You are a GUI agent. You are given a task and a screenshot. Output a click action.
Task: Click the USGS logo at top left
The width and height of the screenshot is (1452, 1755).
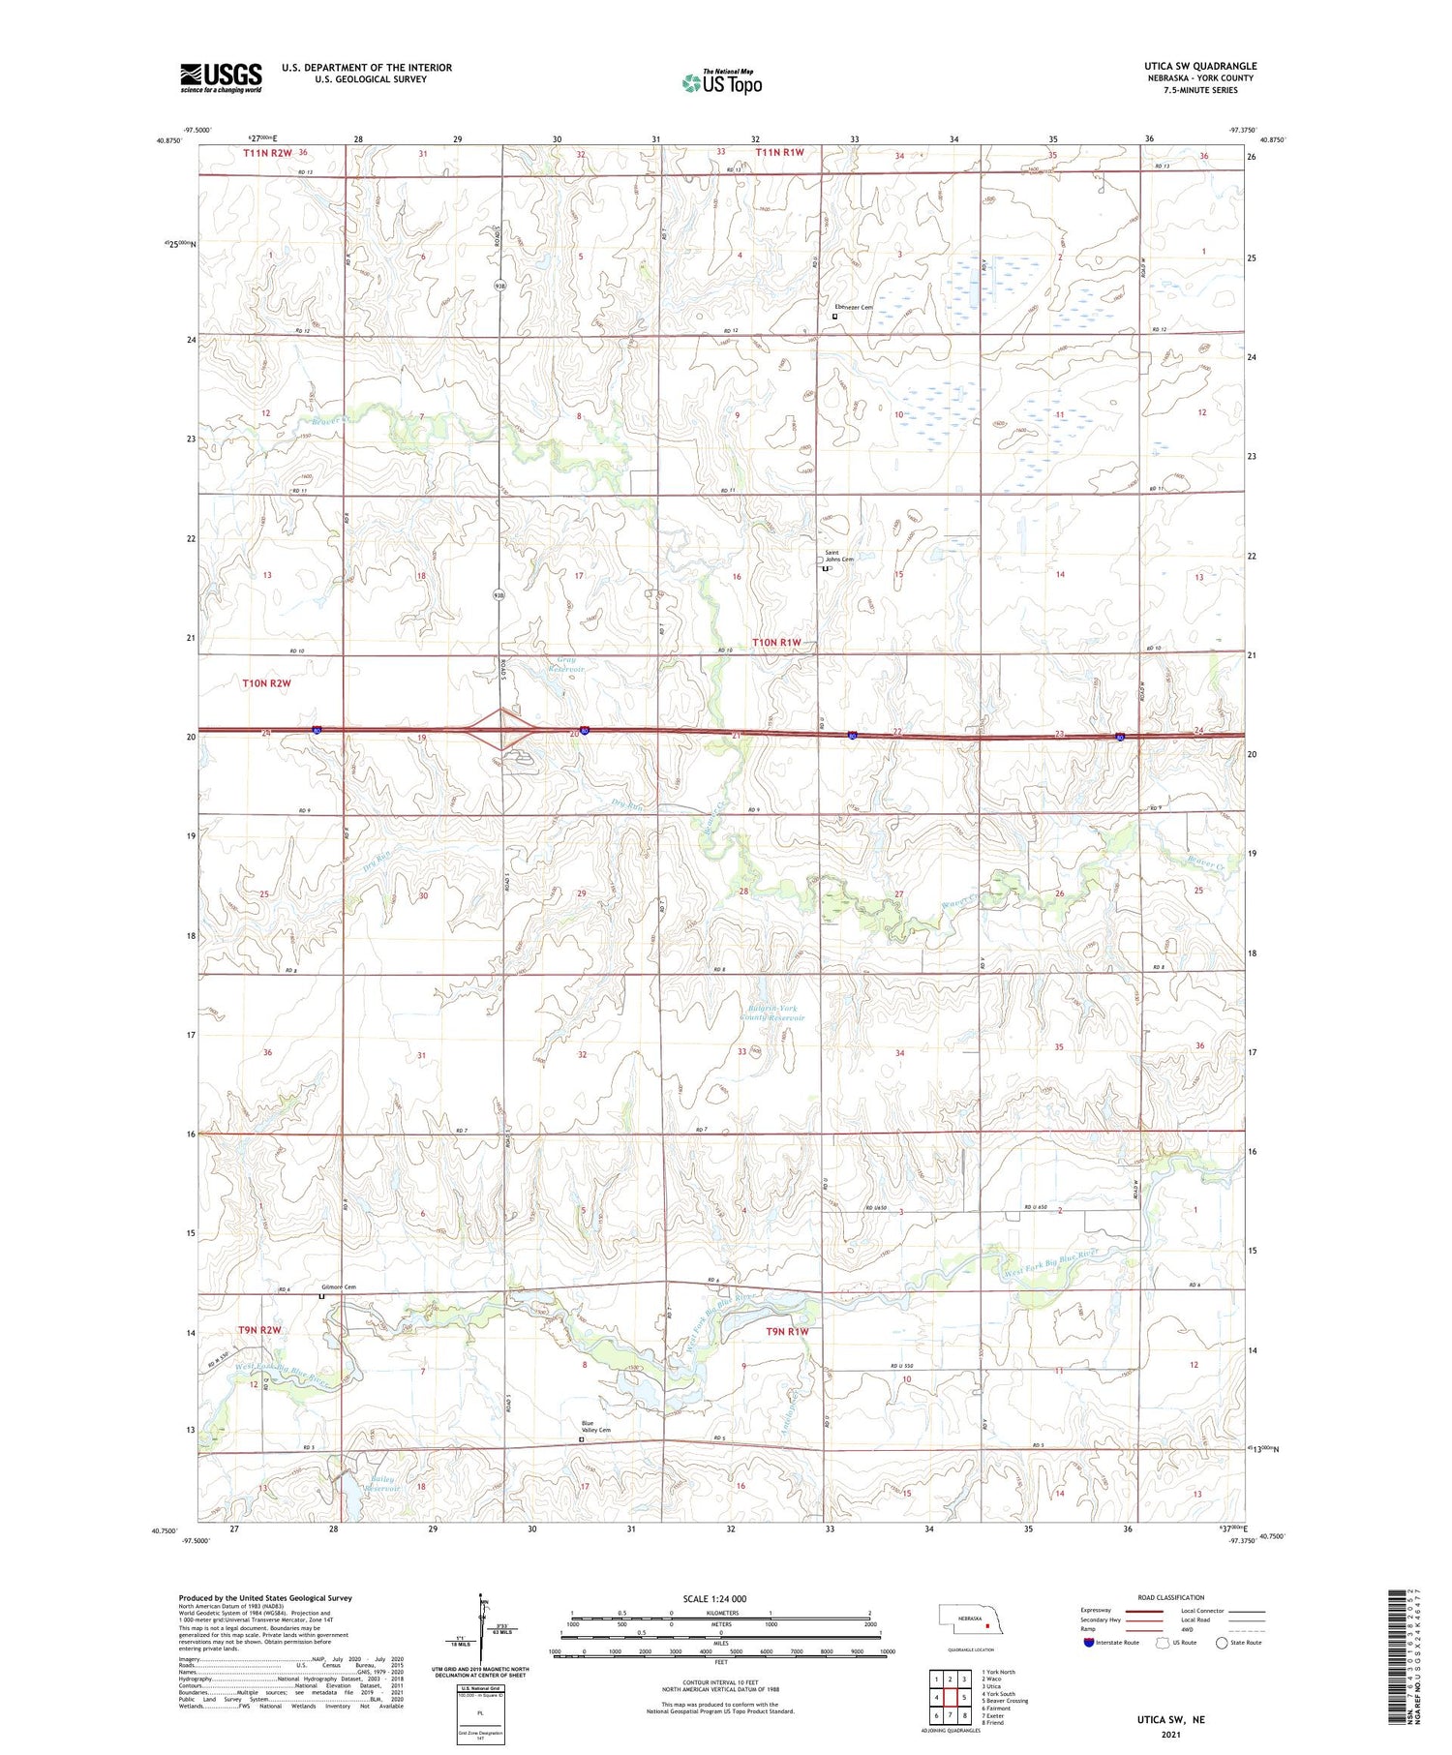[221, 77]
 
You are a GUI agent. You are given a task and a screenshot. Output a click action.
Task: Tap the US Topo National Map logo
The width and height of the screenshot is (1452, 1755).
[721, 82]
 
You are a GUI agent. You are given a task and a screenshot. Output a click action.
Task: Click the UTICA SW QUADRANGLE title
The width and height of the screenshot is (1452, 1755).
[1199, 66]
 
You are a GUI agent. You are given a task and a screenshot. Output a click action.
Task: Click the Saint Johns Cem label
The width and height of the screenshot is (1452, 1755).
[837, 557]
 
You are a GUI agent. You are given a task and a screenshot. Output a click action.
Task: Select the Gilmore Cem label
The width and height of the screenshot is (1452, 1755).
[339, 1286]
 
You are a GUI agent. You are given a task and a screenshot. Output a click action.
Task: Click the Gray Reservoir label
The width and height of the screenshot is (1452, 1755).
[566, 664]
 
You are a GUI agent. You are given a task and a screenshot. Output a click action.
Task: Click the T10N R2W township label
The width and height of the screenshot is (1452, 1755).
[266, 683]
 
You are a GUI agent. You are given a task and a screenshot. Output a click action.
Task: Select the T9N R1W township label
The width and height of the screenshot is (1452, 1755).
[787, 1332]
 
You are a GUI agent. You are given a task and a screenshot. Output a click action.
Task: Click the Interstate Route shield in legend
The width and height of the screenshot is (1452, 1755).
[1090, 1643]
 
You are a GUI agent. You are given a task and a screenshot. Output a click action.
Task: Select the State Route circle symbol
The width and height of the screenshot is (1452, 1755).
[1222, 1643]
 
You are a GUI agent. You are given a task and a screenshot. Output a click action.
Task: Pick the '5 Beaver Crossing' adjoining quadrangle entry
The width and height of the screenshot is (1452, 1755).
[1005, 1700]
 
